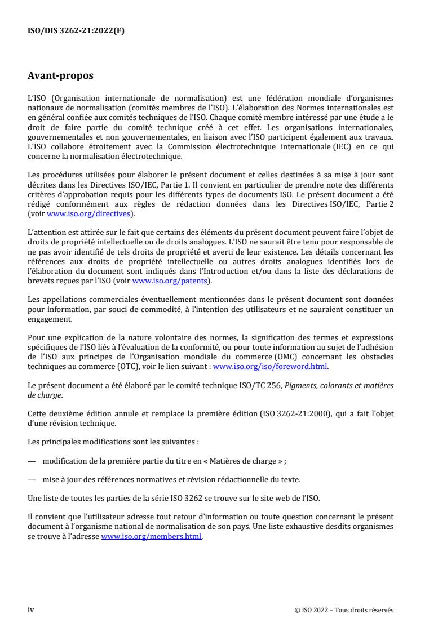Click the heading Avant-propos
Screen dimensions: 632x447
[61, 75]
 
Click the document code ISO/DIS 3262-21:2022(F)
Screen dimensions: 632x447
[76, 32]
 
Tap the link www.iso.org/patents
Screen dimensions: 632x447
[169, 280]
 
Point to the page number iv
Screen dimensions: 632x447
[31, 610]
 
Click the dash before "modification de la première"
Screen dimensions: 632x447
[32, 460]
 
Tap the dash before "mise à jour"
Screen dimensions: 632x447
[32, 479]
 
